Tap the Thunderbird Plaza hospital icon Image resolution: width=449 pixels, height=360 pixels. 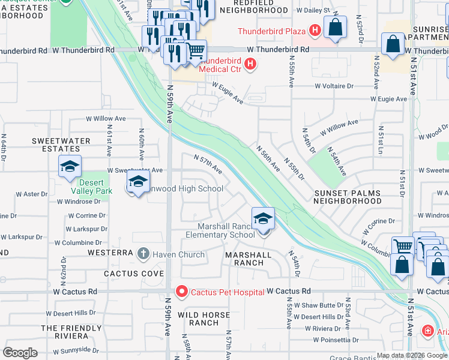pos(314,30)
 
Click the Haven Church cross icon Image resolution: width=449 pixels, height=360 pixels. pos(143,254)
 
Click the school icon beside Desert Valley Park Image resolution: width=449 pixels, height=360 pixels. pos(70,166)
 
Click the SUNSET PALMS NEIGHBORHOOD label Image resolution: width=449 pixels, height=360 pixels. pos(348,197)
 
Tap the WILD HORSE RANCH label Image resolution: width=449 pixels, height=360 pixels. pos(199,319)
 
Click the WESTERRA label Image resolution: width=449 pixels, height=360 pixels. pos(110,253)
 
